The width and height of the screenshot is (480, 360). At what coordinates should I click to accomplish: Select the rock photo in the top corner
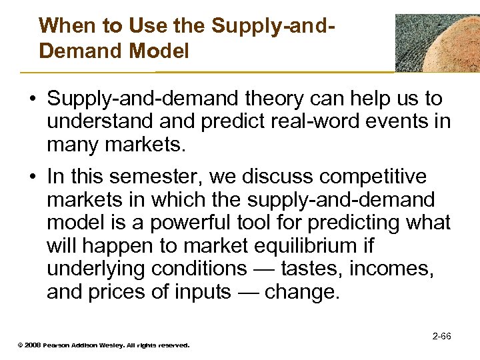pyautogui.click(x=437, y=43)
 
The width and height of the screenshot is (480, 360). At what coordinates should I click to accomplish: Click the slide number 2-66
pyautogui.click(x=441, y=336)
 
